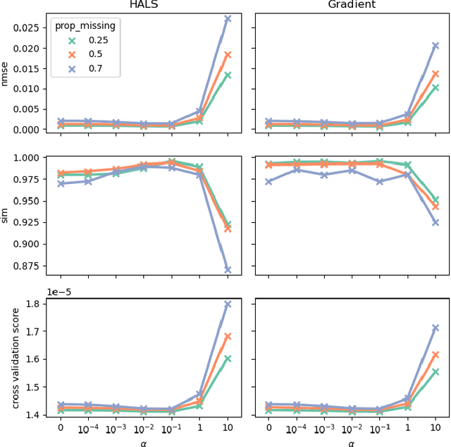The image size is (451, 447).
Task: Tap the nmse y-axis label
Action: (6, 74)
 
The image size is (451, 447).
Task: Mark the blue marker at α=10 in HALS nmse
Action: (228, 19)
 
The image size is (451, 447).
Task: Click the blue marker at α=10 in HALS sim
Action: (228, 269)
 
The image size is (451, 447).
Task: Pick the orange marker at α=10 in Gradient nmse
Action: (435, 74)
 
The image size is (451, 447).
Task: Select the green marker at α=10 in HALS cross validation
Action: (228, 358)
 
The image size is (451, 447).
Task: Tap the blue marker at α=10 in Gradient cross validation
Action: (435, 328)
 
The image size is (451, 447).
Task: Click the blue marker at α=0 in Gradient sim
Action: (268, 181)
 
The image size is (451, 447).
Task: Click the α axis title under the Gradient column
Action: (351, 442)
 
